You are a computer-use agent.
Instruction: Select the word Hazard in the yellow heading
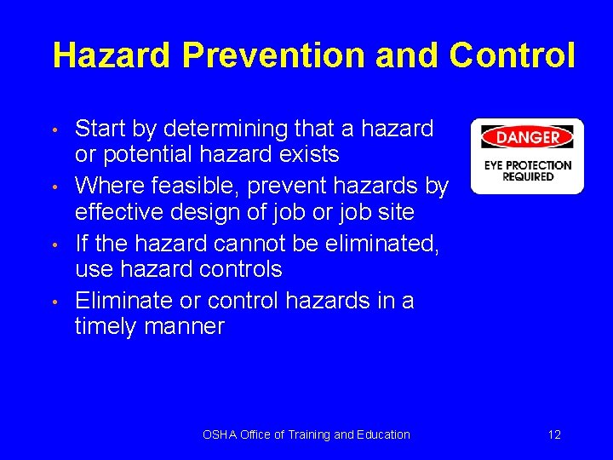112,55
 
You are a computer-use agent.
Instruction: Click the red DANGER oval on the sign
527,137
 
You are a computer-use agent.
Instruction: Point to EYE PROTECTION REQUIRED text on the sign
527,170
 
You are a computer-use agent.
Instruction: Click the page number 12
554,434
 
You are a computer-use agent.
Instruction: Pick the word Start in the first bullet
100,129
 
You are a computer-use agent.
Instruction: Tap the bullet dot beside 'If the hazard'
54,244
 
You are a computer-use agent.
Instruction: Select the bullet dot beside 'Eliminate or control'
54,302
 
